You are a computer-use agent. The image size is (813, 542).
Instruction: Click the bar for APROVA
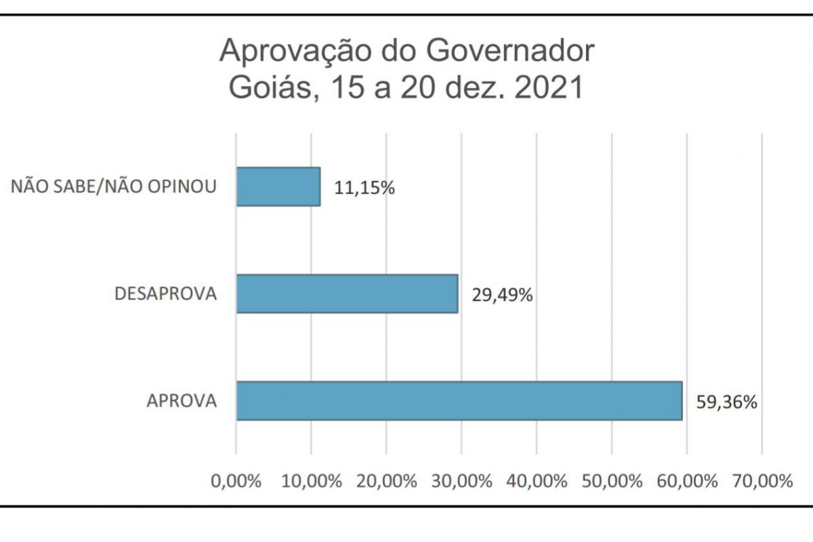tap(459, 400)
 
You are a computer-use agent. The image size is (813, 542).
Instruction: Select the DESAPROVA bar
tap(347, 293)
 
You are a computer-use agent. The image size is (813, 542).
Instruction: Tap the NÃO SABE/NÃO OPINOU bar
tap(278, 186)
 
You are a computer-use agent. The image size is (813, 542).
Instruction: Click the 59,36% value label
tap(726, 402)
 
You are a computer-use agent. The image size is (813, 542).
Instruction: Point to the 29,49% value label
tap(502, 295)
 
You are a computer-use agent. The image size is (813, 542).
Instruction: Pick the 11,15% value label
tap(364, 188)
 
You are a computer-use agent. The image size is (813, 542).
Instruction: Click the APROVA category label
tap(182, 401)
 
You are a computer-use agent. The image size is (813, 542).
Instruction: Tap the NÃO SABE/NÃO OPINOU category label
tap(114, 186)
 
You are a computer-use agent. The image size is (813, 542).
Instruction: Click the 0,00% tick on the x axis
tap(236, 482)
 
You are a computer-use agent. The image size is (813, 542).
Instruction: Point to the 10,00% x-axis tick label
tap(311, 482)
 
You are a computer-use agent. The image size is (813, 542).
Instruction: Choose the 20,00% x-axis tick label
tap(386, 482)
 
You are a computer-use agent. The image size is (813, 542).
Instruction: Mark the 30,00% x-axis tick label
tap(461, 482)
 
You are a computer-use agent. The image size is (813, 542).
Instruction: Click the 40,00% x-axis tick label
tap(537, 482)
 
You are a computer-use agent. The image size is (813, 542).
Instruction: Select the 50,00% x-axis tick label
tap(612, 482)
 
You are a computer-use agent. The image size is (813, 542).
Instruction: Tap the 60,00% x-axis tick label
tap(687, 482)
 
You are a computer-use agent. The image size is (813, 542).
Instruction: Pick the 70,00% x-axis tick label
tap(762, 482)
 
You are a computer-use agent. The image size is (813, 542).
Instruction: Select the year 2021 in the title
tap(549, 88)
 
